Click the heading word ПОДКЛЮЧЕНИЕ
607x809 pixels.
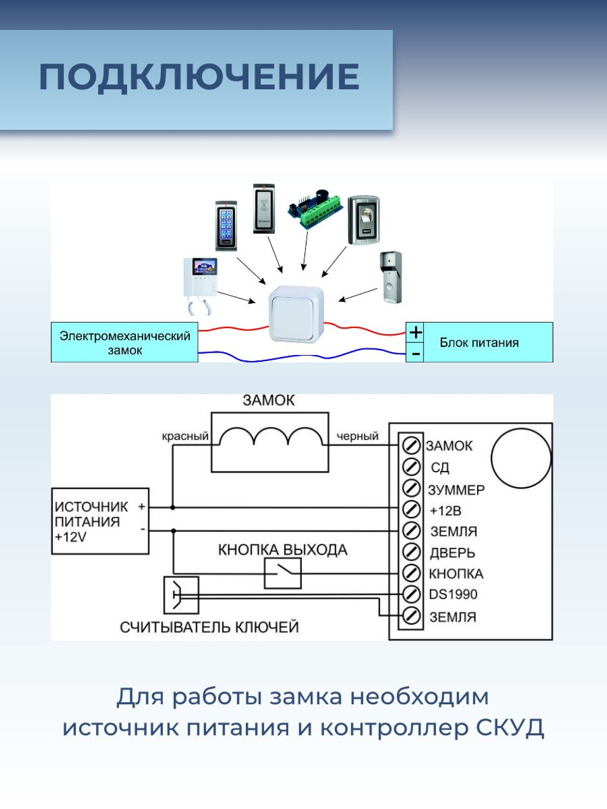point(199,77)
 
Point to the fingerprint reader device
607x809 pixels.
point(364,220)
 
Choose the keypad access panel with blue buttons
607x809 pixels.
point(226,226)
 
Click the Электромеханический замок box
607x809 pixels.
point(124,343)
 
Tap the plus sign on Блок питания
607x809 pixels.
point(415,333)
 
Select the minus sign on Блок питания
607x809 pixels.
point(415,353)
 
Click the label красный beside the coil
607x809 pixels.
point(185,436)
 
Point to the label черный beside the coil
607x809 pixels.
point(358,436)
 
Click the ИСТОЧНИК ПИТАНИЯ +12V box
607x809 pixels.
point(100,521)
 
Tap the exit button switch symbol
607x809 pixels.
point(283,573)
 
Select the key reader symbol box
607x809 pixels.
point(181,595)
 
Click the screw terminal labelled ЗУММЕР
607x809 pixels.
point(412,489)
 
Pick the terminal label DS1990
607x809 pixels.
point(453,595)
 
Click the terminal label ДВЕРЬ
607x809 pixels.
point(452,553)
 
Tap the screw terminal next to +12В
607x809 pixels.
point(412,509)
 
